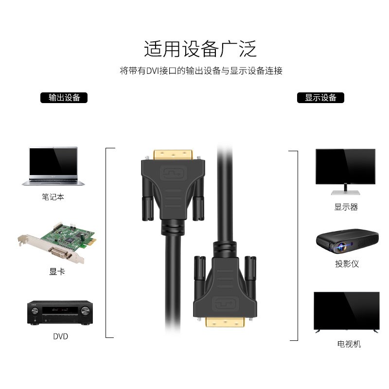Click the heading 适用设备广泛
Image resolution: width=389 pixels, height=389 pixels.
200,50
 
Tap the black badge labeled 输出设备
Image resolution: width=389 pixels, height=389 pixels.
64,98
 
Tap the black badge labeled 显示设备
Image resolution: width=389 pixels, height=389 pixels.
320,98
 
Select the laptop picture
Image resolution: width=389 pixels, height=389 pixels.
53,166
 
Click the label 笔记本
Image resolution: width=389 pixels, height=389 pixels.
53,197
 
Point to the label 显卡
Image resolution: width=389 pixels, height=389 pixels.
57,271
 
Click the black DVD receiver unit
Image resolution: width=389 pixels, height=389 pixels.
60,313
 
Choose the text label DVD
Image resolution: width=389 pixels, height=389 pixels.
60,336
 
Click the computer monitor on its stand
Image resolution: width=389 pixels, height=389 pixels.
345,171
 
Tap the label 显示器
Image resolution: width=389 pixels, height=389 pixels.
346,207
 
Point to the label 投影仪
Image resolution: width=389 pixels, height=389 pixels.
347,264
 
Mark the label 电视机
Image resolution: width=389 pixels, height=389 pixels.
349,344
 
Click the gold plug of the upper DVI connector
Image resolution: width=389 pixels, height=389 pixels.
175,155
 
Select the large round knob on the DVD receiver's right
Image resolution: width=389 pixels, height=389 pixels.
86,310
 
